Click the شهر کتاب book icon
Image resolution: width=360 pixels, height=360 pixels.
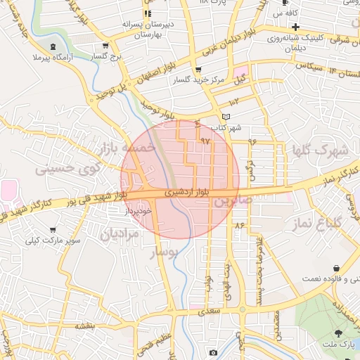pyautogui.click(x=225, y=116)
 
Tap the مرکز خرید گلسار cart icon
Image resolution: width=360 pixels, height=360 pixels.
pyautogui.click(x=198, y=70)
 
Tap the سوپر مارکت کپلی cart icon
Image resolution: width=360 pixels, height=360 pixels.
pyautogui.click(x=53, y=230)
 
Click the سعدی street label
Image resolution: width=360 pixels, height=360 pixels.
pyautogui.click(x=210, y=309)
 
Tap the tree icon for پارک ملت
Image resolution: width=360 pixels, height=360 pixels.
pyautogui.click(x=339, y=333)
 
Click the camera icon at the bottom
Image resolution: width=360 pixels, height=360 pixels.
pyautogui.click(x=213, y=352)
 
